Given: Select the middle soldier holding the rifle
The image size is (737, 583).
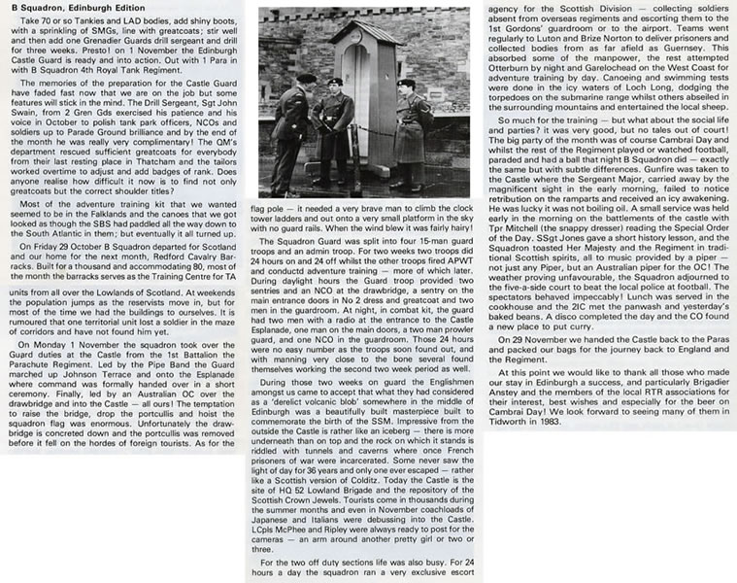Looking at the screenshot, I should pyautogui.click(x=336, y=131).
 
